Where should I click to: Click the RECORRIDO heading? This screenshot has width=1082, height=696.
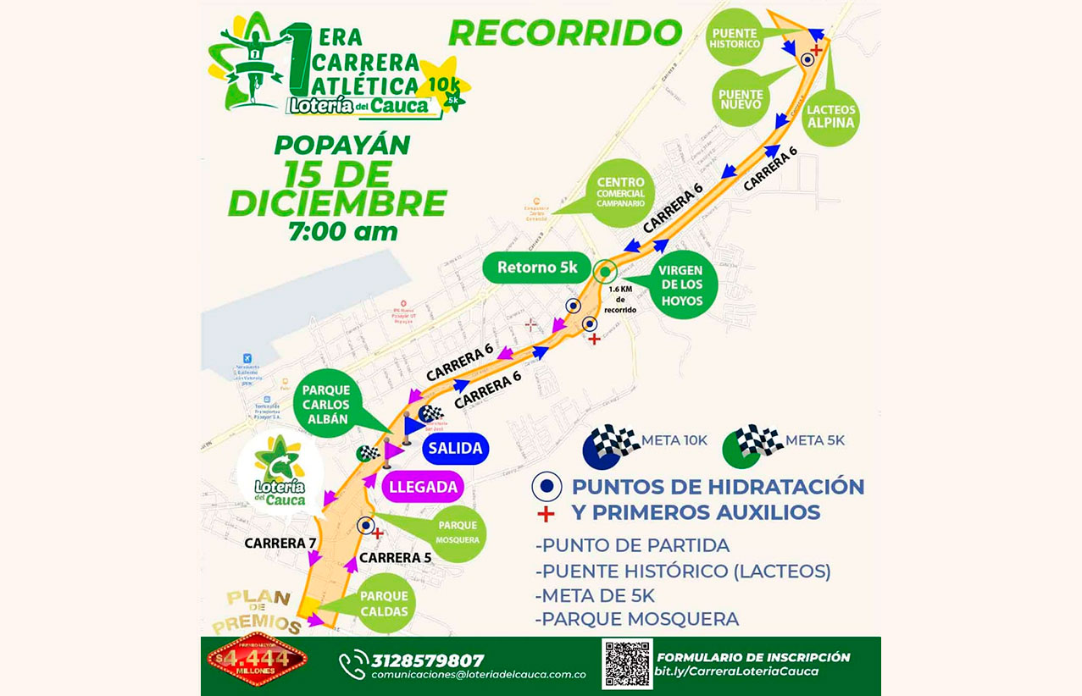565,31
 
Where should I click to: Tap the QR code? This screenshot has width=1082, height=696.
627,663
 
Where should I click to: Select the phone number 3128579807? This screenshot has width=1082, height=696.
427,660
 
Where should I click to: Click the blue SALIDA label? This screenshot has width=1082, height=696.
455,448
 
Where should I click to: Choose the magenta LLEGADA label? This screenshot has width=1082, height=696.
424,487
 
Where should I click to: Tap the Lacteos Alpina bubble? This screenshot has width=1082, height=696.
831,117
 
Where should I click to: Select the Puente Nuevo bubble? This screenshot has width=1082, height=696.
740,99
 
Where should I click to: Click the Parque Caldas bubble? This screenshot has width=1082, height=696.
384,603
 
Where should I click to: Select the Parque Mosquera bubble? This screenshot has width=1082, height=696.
458,532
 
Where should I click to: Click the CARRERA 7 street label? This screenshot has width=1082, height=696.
280,543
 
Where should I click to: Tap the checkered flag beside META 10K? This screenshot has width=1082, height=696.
612,445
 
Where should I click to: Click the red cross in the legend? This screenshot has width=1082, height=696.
547,513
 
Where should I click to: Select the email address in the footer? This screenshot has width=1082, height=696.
478,676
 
